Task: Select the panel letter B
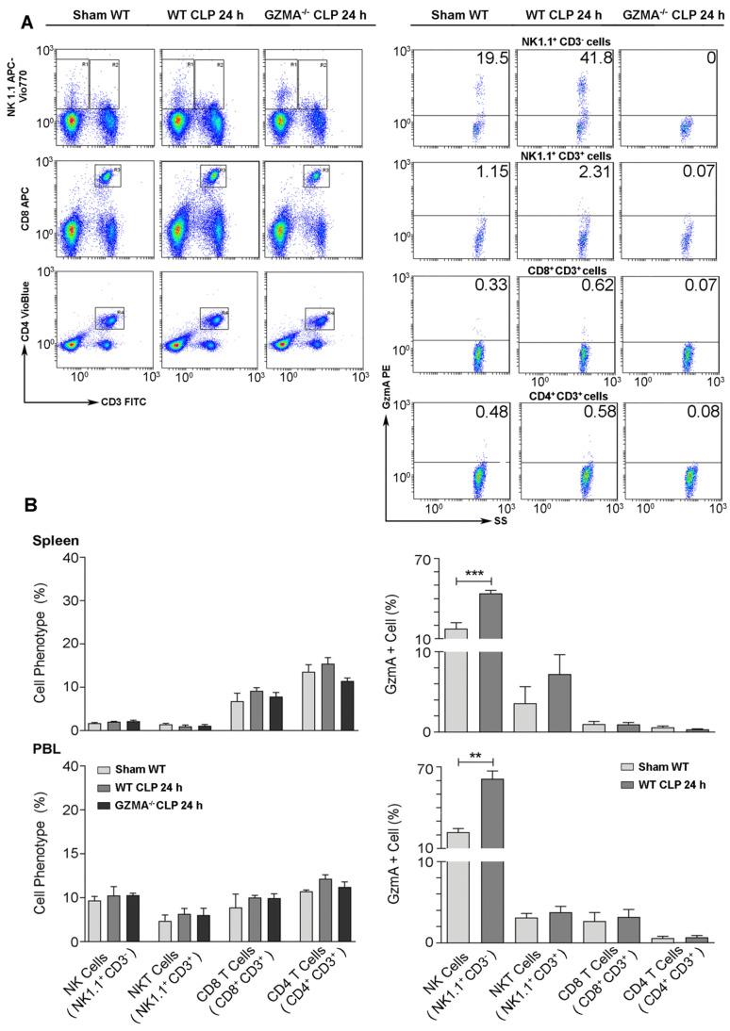tap(31, 506)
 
